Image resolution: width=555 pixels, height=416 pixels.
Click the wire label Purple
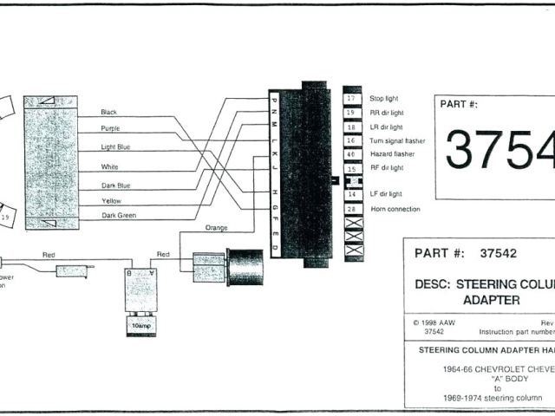click(110, 128)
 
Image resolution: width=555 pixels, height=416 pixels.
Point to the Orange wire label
click(216, 228)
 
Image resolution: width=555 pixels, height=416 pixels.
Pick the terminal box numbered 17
click(351, 99)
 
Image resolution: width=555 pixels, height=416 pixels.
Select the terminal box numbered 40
click(351, 153)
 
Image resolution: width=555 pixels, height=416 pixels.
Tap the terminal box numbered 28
click(351, 209)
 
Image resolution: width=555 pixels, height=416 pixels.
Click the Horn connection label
click(395, 209)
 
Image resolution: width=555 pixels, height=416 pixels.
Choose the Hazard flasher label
click(391, 153)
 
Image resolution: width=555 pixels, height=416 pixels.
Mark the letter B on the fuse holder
click(129, 271)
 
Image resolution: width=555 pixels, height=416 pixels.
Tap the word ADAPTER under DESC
click(490, 300)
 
